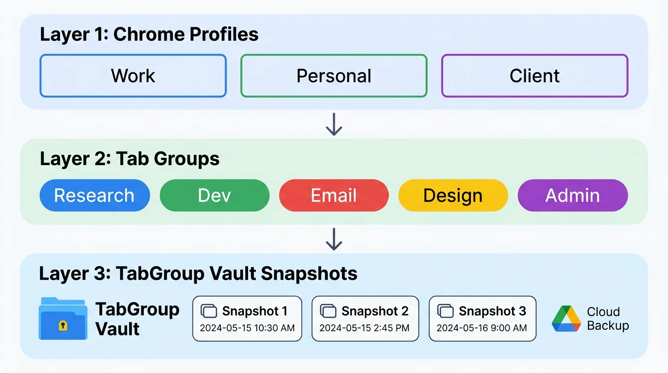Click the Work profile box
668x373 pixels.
coord(133,76)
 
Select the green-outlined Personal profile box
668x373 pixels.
coord(334,76)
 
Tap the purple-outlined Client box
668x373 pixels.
coord(534,76)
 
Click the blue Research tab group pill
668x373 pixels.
coord(94,195)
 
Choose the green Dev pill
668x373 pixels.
coord(214,195)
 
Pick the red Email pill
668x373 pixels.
coord(334,195)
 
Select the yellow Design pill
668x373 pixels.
coord(453,195)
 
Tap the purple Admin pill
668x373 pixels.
coord(572,195)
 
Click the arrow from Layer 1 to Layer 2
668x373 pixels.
coord(334,124)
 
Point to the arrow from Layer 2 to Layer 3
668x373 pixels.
coord(334,239)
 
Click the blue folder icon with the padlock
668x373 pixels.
coord(63,319)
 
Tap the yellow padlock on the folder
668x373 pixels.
coord(63,325)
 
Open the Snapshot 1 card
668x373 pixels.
coord(247,319)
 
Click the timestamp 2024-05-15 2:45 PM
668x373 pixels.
coord(364,328)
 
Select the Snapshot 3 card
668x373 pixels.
coord(482,319)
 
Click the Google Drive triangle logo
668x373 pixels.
coord(567,319)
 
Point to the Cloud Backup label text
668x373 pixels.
coord(607,319)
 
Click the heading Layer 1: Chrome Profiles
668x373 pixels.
coord(149,34)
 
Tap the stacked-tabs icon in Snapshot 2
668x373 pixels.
coord(328,311)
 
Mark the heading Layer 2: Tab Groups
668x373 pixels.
coord(130,159)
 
